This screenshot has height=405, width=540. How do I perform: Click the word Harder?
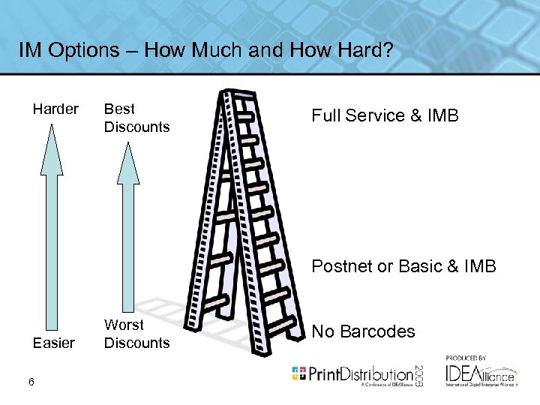[55, 109]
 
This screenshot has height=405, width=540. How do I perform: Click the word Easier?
[54, 343]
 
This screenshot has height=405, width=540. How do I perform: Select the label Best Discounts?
[136, 118]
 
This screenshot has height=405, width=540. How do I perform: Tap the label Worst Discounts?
[136, 334]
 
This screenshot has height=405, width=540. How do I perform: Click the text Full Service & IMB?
[385, 116]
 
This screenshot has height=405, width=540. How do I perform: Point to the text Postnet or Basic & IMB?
[403, 266]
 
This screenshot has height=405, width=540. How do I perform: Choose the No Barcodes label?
[363, 331]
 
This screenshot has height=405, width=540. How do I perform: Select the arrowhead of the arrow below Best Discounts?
[129, 163]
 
